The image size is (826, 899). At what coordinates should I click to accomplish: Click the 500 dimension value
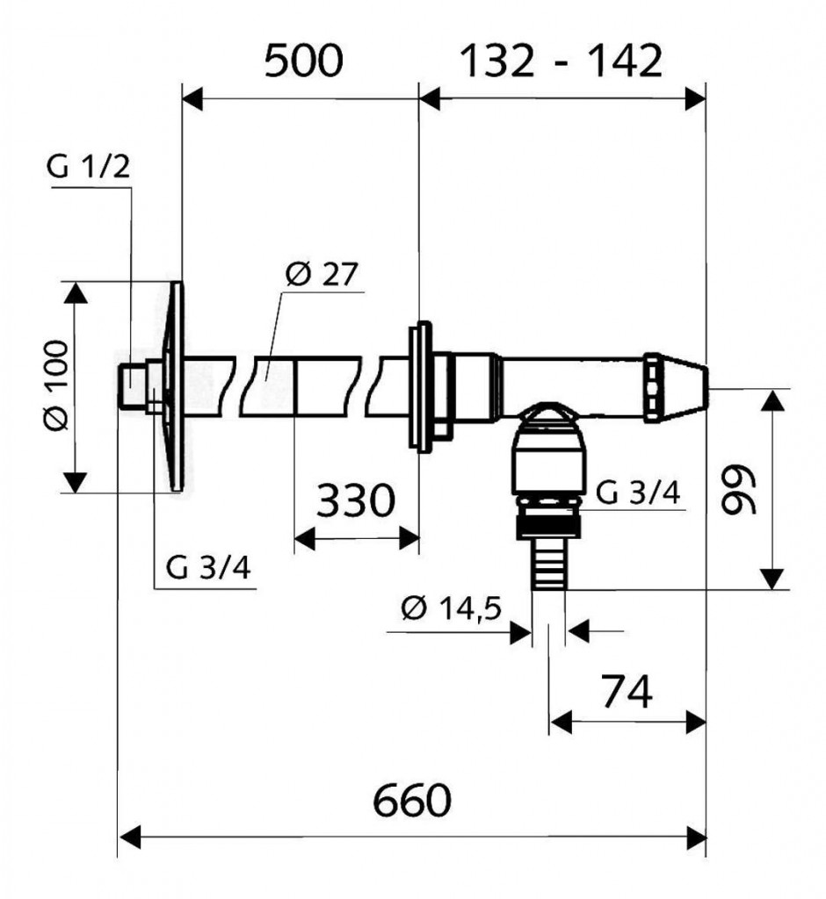(303, 62)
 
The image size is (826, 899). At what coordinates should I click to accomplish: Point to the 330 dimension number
(354, 502)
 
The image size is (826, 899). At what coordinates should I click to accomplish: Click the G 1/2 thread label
(89, 167)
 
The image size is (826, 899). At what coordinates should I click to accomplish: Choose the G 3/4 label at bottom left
(209, 568)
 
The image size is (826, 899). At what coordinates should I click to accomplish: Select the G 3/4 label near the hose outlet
(637, 493)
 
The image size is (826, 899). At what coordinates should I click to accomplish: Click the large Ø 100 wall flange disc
(177, 386)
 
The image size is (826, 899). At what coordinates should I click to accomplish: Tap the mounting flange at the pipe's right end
(420, 386)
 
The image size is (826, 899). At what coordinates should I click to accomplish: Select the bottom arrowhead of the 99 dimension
(772, 579)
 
